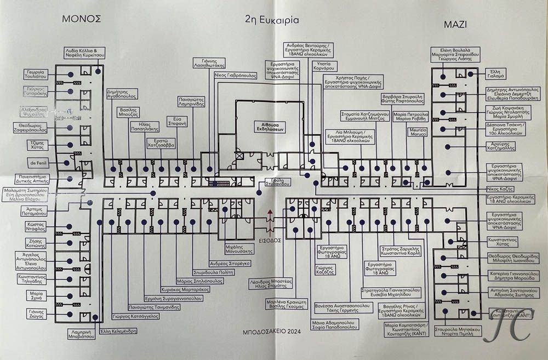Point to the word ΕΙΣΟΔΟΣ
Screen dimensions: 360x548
click(270, 240)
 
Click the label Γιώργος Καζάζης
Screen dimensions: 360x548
click(324, 270)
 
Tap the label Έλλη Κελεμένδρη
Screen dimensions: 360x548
click(118, 331)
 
